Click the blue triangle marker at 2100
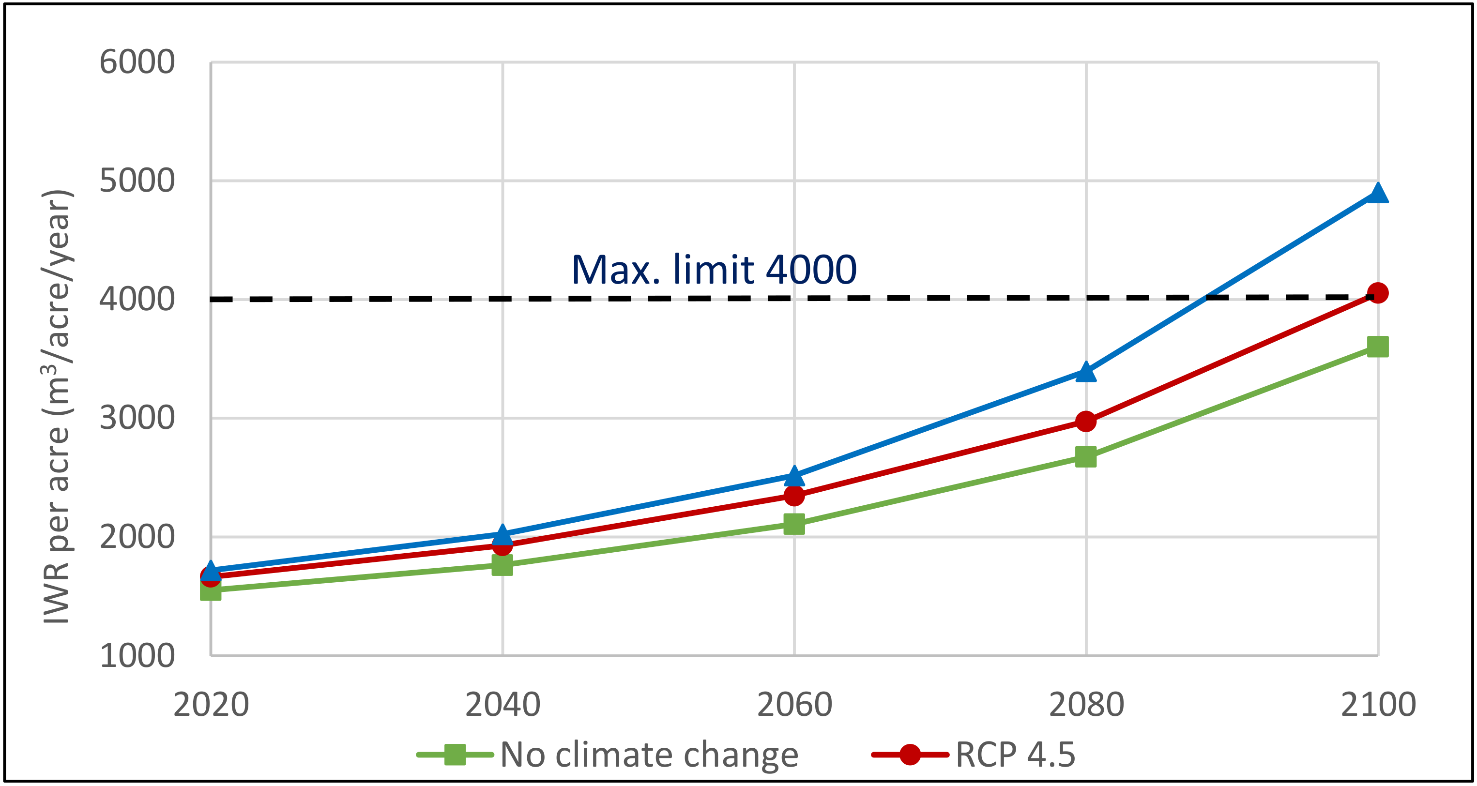tap(1377, 194)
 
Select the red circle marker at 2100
tap(1377, 293)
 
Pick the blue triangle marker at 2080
tap(1085, 373)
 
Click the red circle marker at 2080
tap(1085, 422)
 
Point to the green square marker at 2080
tap(1085, 457)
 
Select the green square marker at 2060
tap(794, 523)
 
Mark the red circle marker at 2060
tap(794, 495)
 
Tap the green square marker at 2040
tap(502, 565)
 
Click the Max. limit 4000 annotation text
tap(714, 270)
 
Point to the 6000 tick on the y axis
tap(137, 62)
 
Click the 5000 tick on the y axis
tap(137, 181)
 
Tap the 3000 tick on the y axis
tap(137, 418)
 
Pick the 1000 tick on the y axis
tap(137, 655)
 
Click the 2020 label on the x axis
tap(211, 705)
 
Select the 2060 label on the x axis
tap(794, 705)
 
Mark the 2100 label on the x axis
tap(1378, 705)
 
